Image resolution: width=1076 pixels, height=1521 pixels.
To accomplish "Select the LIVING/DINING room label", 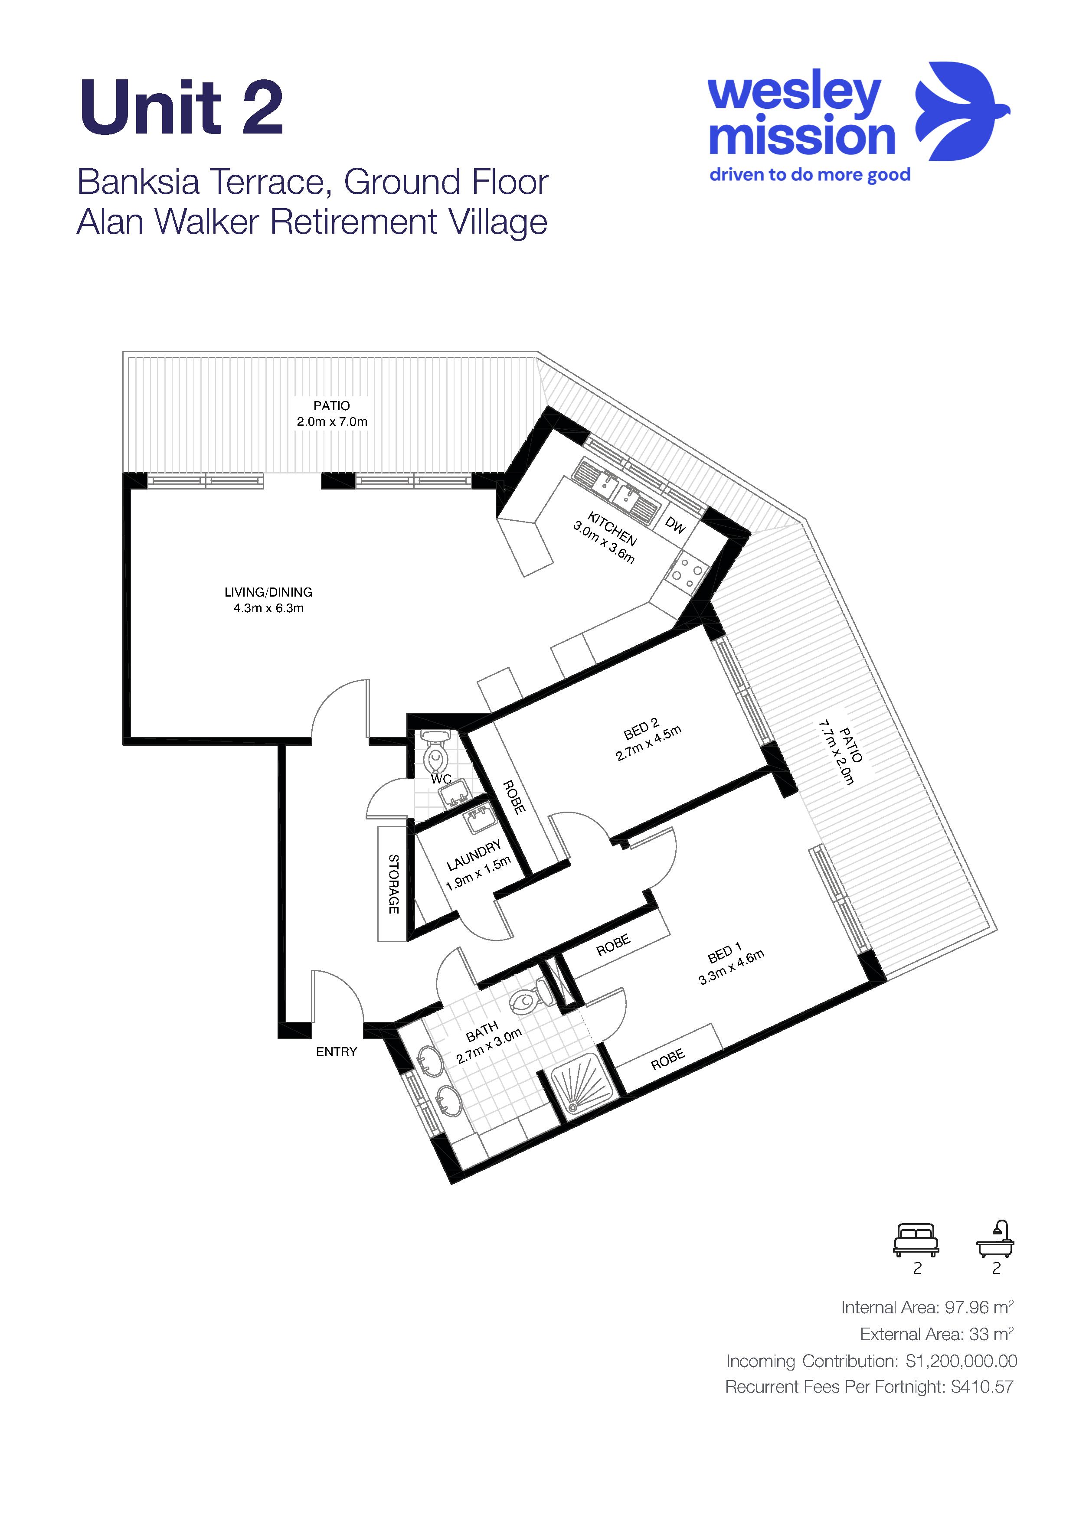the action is coord(268,592).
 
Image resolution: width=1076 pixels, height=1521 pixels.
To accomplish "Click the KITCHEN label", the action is coord(612,529).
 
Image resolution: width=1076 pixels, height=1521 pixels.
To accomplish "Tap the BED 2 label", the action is coord(641,729).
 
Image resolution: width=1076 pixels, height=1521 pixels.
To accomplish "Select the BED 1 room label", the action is coord(725,954).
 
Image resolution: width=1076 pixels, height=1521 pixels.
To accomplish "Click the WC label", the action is coord(441,779).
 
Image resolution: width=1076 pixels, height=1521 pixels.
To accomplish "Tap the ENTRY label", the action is coord(337,1051).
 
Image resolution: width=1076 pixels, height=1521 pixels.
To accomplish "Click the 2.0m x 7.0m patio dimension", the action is coord(332,421).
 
